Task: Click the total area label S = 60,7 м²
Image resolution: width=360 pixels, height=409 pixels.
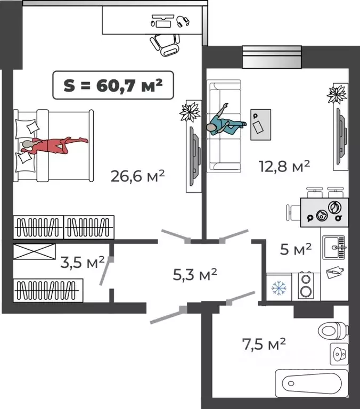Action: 113,85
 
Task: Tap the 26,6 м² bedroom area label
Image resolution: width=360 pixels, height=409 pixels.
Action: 137,176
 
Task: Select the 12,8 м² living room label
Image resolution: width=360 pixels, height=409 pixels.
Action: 284,166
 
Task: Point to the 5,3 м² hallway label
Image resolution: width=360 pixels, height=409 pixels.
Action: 195,274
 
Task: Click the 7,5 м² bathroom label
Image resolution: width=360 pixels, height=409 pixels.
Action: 264,345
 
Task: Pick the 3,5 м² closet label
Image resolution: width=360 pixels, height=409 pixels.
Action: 83,262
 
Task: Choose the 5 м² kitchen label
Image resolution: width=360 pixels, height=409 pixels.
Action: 296,249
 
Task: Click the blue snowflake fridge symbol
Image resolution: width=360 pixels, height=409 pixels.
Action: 279,288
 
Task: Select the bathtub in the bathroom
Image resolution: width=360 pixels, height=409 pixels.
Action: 312,383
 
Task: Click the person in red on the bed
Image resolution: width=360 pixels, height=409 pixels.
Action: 55,145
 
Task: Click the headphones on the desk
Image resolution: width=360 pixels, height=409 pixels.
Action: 183,21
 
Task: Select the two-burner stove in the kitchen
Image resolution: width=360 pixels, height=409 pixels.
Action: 306,285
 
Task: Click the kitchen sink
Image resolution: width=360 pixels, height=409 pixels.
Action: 334,248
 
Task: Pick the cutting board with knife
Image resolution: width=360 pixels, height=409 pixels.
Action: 335,272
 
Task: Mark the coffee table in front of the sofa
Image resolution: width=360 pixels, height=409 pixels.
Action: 260,125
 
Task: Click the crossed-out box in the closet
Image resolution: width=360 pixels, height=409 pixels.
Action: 34,251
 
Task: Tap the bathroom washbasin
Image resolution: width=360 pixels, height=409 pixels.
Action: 339,354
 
